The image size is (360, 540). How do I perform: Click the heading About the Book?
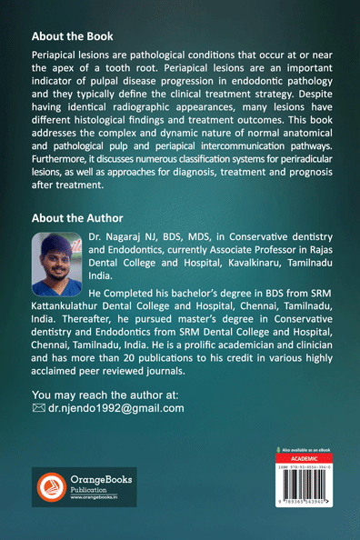coord(72,37)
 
